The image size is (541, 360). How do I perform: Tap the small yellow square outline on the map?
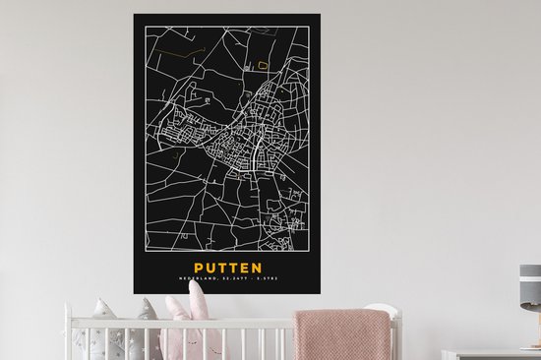[263, 65]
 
